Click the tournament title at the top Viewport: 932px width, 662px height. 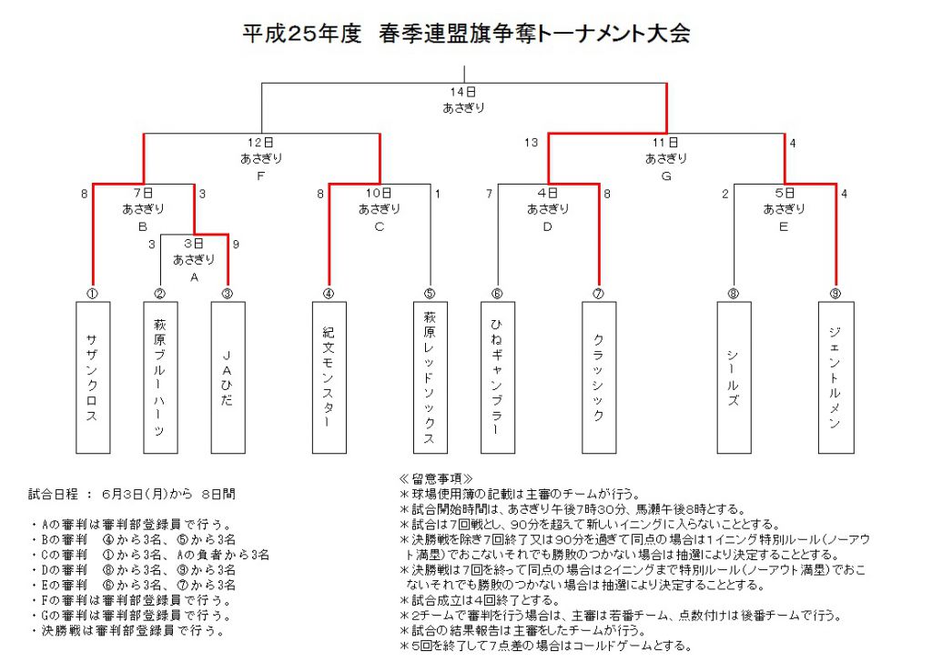tap(466, 33)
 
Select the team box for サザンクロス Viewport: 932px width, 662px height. tap(93, 377)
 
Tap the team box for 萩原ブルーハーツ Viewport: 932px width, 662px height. tap(160, 377)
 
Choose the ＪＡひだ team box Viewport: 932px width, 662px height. tap(228, 377)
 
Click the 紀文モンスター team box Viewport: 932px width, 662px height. tap(329, 377)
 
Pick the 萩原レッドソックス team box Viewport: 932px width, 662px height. tap(431, 377)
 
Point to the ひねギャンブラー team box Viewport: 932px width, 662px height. tap(498, 377)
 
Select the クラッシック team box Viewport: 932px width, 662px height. tap(599, 377)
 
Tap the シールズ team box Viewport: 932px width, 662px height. tap(734, 377)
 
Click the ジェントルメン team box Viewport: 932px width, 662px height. tap(836, 377)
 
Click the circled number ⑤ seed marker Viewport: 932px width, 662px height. tap(430, 294)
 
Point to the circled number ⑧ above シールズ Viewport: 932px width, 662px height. tap(734, 294)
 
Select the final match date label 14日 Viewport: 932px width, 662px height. tap(463, 92)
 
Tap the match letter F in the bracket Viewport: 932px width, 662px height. tap(261, 176)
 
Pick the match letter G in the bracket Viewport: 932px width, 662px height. tap(666, 176)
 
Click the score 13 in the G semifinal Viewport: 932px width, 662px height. tap(531, 143)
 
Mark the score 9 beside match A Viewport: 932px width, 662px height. tap(236, 244)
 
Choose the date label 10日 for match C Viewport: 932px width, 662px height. tap(379, 193)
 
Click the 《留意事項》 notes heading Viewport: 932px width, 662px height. tap(436, 478)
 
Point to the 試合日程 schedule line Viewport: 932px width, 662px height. tap(132, 494)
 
